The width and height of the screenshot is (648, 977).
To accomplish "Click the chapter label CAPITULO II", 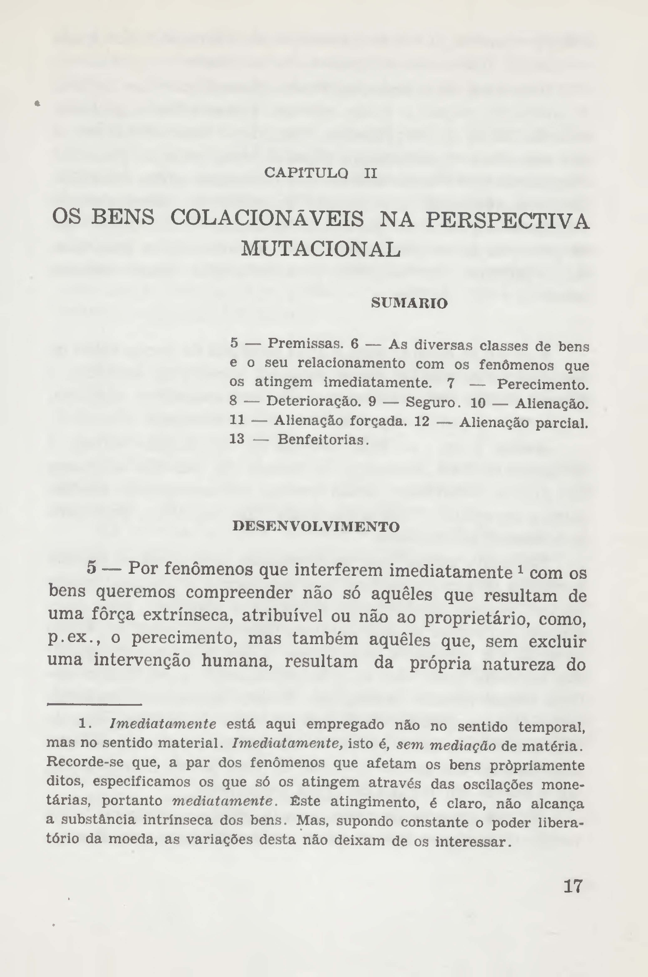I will coord(320,173).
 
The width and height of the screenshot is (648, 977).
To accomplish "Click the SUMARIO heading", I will coord(409,304).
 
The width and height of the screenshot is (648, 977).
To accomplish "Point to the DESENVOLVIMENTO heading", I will coord(316,527).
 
